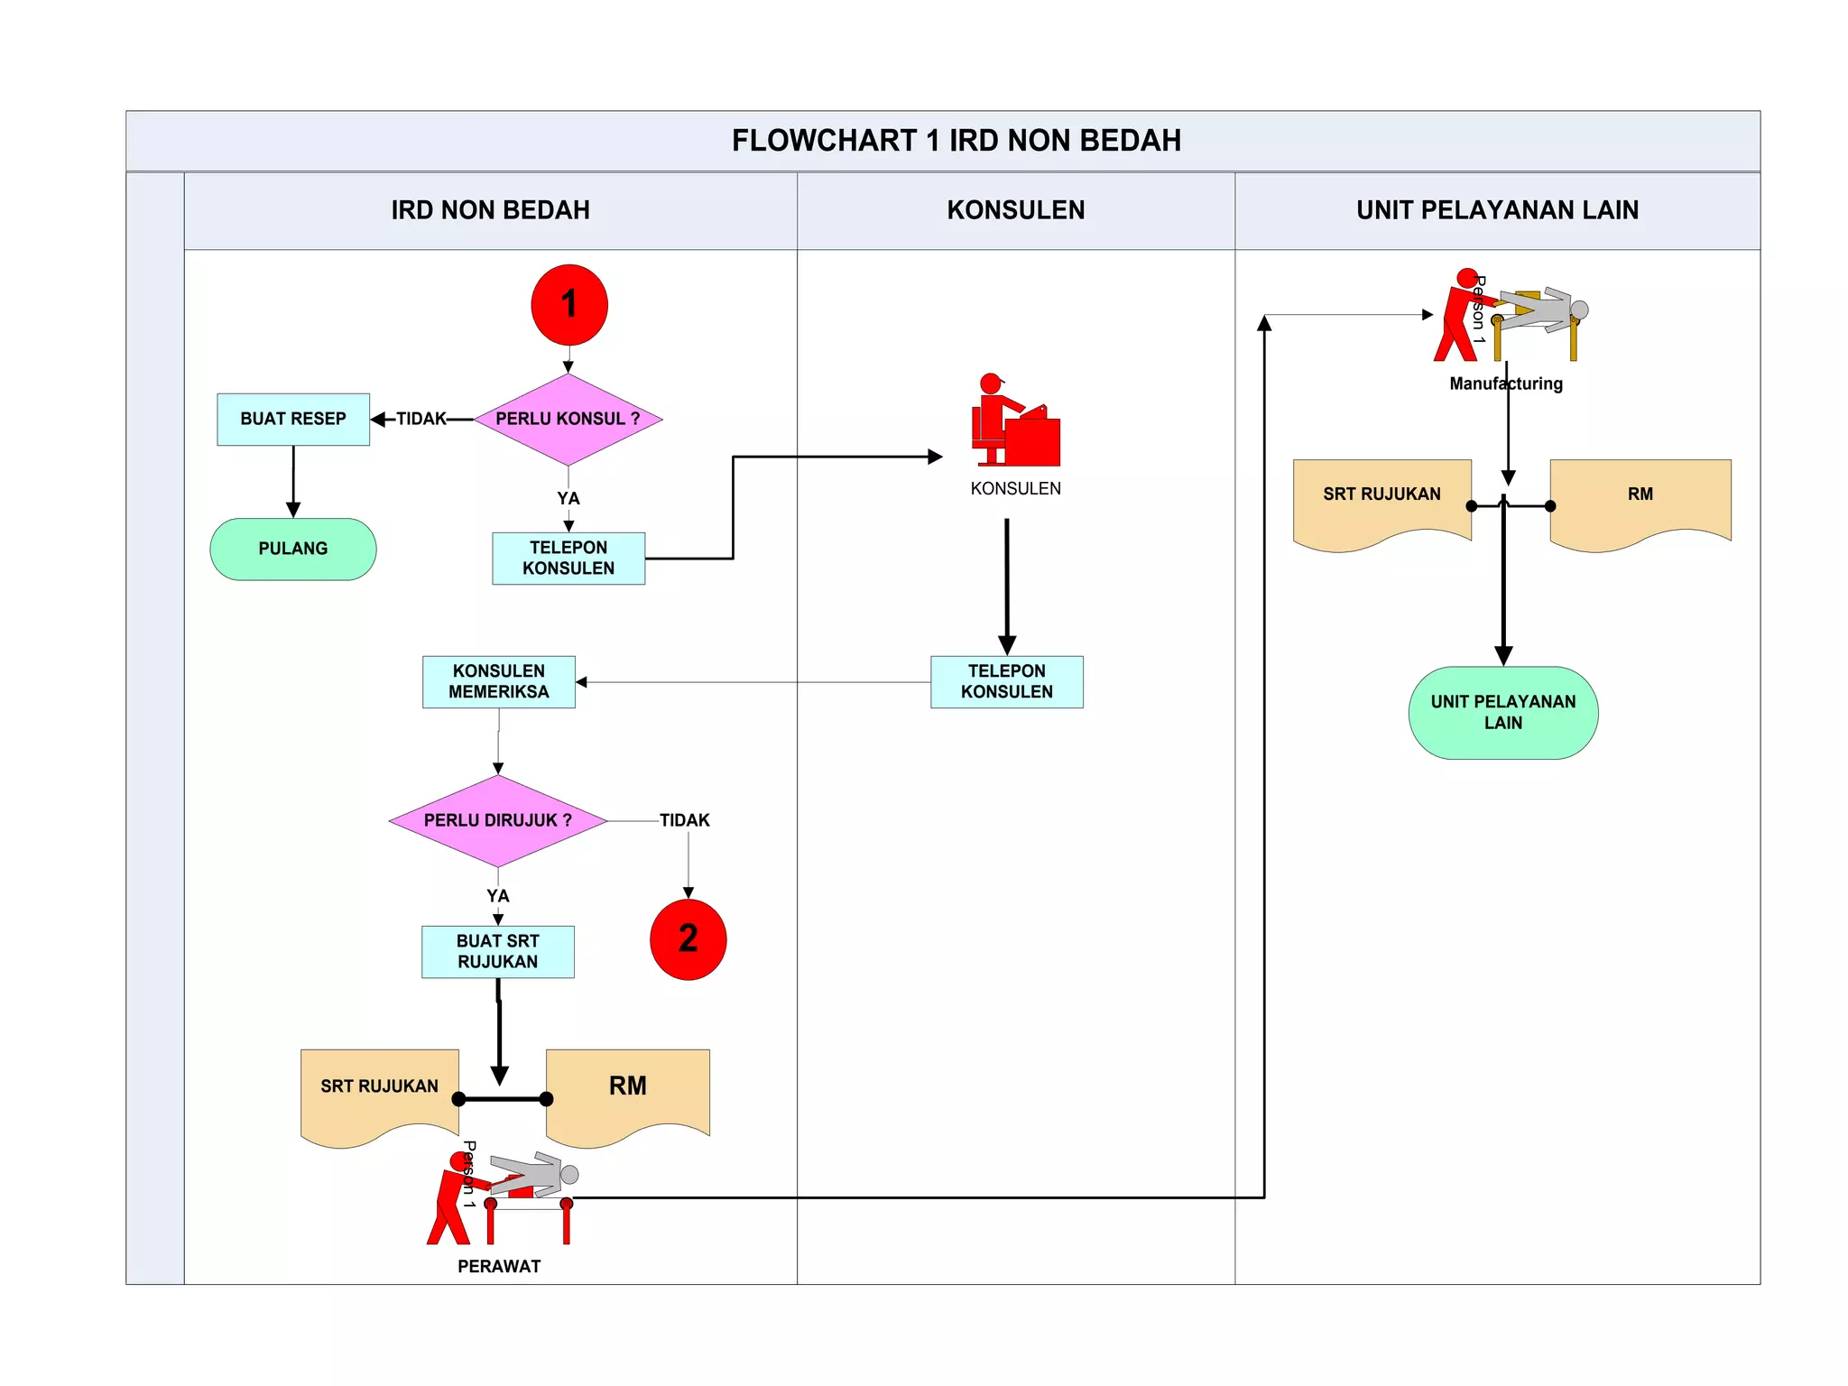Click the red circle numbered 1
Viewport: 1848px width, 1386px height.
coord(569,305)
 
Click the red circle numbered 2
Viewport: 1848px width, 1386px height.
coord(688,939)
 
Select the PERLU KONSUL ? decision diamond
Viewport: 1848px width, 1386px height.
coord(568,420)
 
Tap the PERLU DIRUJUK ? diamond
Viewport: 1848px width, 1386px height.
coord(498,821)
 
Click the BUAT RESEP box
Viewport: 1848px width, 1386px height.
coord(293,420)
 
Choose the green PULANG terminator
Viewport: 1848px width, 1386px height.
coord(293,549)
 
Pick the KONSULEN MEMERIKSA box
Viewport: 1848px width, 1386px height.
coord(499,682)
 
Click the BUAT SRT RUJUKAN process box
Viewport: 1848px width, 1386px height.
coord(498,952)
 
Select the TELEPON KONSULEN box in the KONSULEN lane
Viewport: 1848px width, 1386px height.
coord(1007,682)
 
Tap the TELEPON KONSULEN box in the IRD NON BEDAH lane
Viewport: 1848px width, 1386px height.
coord(568,559)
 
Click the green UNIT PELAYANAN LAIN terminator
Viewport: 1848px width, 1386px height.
coord(1503,713)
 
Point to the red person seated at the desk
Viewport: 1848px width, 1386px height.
coord(1016,420)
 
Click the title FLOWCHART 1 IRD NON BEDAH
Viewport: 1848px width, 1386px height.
coord(956,141)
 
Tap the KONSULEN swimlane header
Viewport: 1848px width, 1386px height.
coord(1016,210)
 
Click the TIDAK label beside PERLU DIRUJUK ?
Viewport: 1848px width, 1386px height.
coord(685,820)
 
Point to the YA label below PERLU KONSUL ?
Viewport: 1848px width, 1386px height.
coord(568,499)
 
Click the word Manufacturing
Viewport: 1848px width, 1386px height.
coord(1506,383)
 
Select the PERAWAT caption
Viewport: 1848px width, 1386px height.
coord(499,1267)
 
